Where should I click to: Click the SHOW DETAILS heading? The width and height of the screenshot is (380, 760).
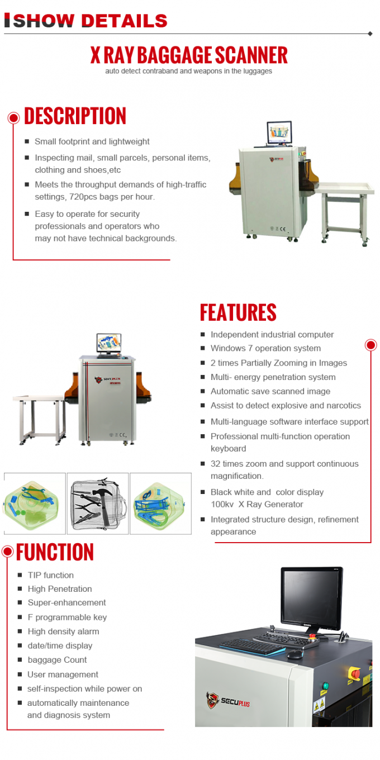coord(89,21)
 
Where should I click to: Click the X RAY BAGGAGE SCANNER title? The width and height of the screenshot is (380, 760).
coord(189,55)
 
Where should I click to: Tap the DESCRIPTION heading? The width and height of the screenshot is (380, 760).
coord(75,116)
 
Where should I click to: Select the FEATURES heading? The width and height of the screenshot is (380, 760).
coord(238,312)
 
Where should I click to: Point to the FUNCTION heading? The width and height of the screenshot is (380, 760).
coord(55,552)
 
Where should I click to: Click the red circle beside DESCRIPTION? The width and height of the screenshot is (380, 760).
coord(13,117)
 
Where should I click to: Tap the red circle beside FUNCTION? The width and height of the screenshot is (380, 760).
coord(7,552)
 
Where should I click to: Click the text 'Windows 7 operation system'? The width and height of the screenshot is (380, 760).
coord(265,348)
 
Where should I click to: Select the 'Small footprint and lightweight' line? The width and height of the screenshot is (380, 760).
coord(92,142)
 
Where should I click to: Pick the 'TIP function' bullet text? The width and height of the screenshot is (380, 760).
coord(51,575)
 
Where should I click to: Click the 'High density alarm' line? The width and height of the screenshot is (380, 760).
coord(63,631)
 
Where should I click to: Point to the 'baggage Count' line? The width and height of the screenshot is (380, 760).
coord(57,660)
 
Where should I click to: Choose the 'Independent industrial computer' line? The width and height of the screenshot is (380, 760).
coord(272,335)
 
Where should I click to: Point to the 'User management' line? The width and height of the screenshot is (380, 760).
coord(63,674)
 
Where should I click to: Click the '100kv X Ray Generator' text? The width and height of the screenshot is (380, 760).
coord(256,504)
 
